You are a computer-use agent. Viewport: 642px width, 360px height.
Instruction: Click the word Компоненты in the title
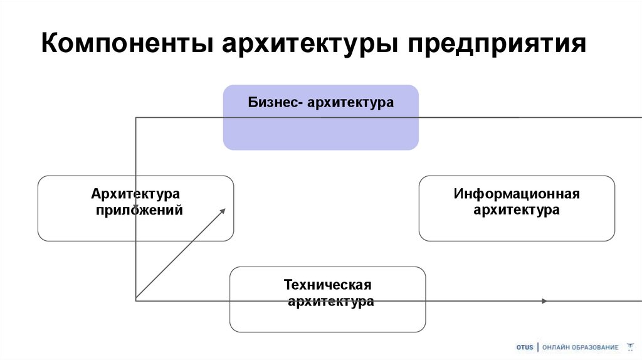click(124, 45)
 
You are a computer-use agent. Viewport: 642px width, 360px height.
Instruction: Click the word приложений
click(139, 210)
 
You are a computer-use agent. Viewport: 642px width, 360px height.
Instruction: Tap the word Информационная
click(517, 194)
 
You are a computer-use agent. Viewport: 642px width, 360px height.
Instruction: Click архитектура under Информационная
click(517, 210)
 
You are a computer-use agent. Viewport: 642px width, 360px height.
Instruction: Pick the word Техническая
click(327, 285)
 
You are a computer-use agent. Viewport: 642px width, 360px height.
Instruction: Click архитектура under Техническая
click(331, 302)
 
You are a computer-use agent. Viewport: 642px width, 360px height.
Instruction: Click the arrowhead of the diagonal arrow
click(223, 210)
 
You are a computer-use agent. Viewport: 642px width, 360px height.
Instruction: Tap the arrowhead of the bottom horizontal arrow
click(544, 301)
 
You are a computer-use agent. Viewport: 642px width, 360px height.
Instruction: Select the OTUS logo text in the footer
click(525, 347)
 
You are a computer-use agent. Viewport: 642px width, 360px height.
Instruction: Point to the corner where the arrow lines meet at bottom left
click(136, 300)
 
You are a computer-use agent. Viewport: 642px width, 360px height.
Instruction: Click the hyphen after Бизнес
click(303, 102)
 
